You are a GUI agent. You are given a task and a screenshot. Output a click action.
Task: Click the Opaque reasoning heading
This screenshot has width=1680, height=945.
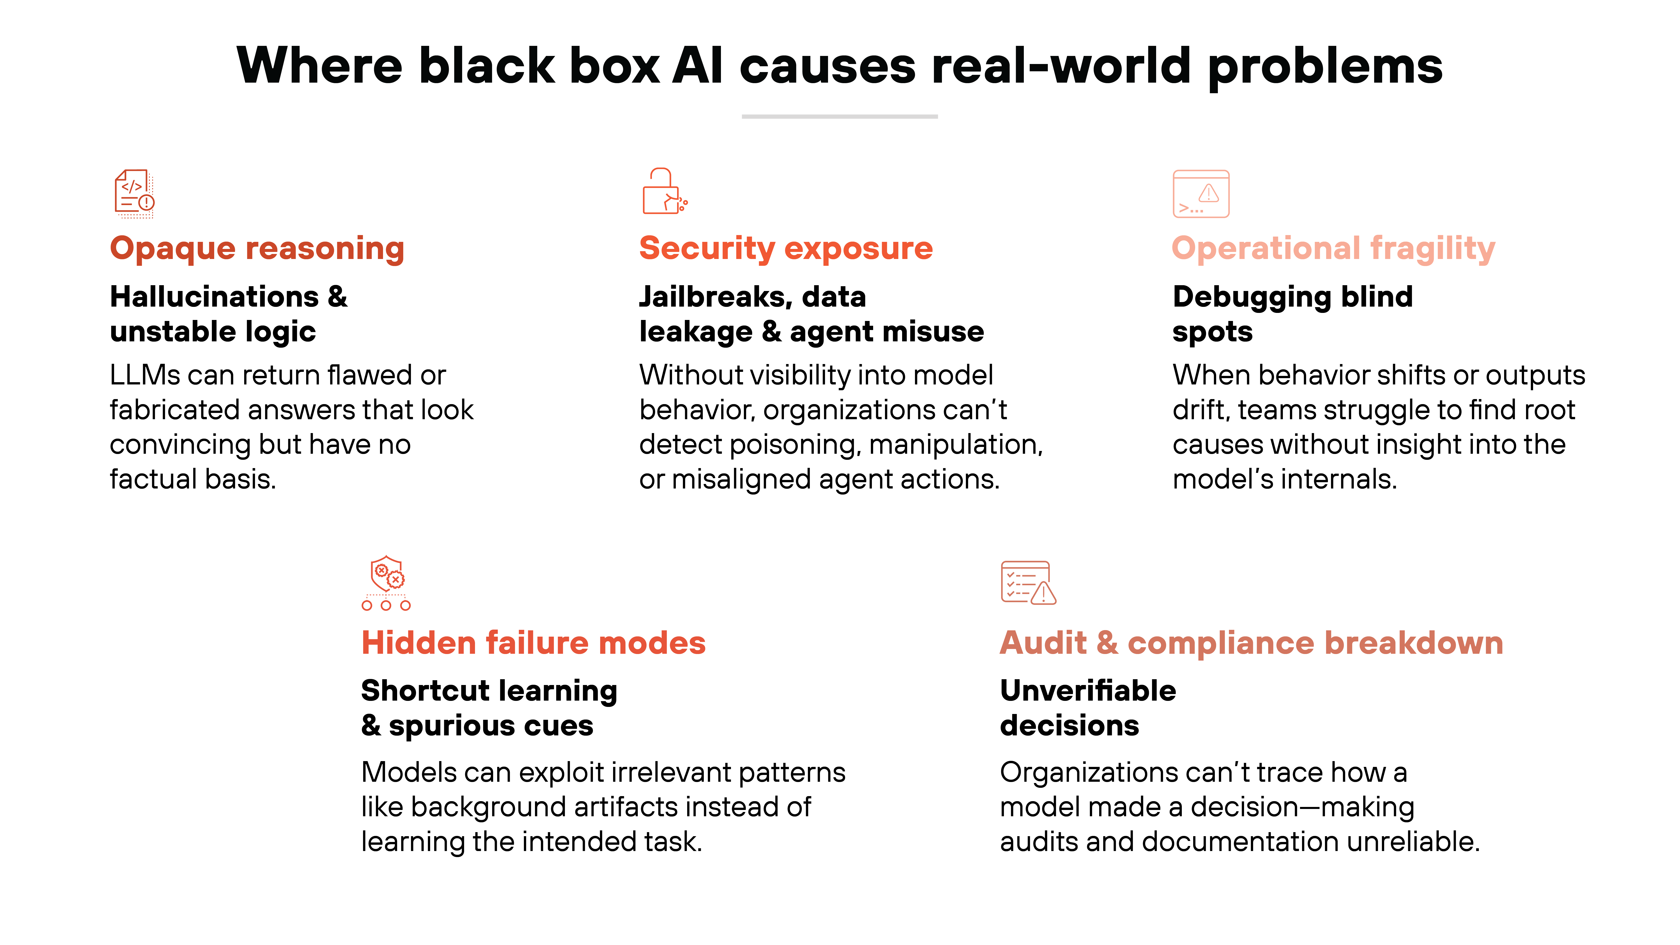coord(257,248)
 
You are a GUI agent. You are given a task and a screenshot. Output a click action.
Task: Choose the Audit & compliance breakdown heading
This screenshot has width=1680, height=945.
coord(1251,643)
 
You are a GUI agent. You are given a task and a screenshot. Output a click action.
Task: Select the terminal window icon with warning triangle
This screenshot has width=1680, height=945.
coord(1201,194)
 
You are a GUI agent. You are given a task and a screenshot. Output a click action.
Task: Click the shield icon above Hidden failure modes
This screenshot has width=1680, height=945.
coord(386,582)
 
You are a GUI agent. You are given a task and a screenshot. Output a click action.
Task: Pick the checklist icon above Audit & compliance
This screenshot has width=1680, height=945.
coord(1028,582)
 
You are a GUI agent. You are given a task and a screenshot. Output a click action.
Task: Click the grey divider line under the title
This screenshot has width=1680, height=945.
coord(839,116)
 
